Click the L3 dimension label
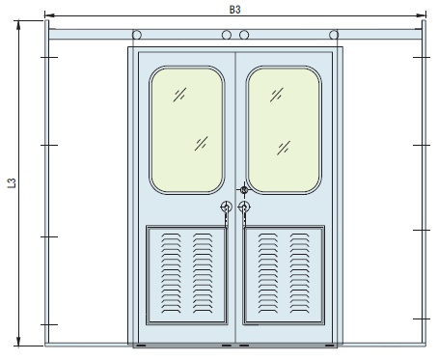[11, 183]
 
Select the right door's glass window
[284, 129]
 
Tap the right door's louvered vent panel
[284, 274]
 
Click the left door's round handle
[227, 207]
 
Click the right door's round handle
[244, 207]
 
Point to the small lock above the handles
[243, 190]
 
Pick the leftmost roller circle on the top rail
[137, 36]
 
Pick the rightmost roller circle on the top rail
[334, 36]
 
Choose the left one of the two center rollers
[227, 36]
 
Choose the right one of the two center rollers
[244, 36]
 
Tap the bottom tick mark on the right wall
[422, 318]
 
